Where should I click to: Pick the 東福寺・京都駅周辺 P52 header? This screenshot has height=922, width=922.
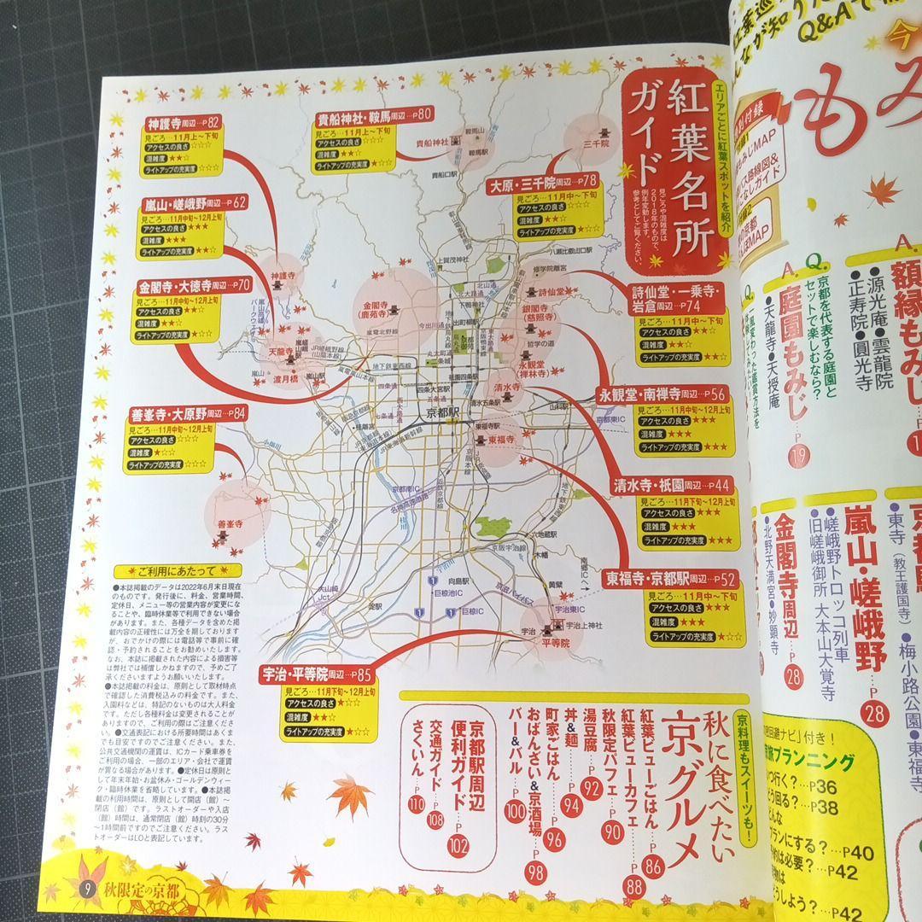click(x=671, y=578)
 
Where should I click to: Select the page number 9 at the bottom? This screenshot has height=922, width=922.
click(x=86, y=889)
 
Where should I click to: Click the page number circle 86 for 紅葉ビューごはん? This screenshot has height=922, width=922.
click(x=654, y=868)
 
